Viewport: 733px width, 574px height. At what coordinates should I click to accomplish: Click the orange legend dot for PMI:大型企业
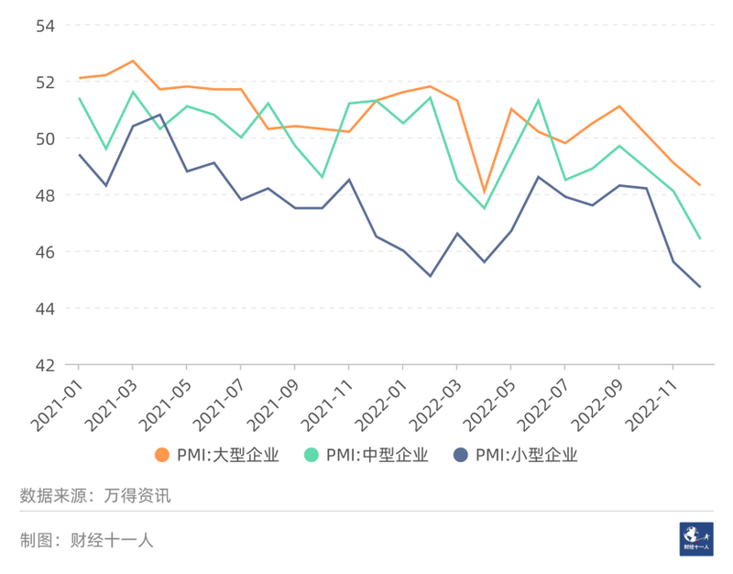[162, 455]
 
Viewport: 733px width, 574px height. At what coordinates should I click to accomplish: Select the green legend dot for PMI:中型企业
[312, 455]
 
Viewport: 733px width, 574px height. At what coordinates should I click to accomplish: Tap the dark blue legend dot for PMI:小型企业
[461, 455]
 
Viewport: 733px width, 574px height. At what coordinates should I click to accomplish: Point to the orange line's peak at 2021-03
[133, 61]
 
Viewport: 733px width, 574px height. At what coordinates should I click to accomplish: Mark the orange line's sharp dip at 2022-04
[484, 193]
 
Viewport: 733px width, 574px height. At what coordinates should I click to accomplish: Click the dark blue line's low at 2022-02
[430, 276]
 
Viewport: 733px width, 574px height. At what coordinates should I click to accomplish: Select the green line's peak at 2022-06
[538, 101]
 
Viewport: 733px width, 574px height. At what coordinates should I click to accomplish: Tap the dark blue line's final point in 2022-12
[700, 287]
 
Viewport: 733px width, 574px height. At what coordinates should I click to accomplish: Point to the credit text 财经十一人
[112, 540]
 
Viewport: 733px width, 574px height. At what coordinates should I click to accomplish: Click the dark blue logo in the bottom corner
[695, 538]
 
